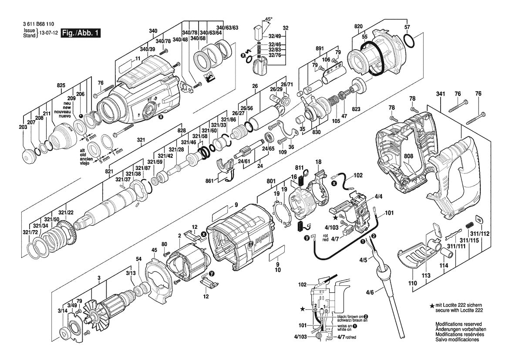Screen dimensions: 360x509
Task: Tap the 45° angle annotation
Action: [x=269, y=19]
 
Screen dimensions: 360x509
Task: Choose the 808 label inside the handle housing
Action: [x=408, y=156]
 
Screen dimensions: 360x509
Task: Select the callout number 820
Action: [x=358, y=27]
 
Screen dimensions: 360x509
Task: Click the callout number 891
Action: [x=320, y=48]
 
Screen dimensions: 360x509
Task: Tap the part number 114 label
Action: [x=443, y=265]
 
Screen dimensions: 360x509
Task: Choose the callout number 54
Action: [x=138, y=259]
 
